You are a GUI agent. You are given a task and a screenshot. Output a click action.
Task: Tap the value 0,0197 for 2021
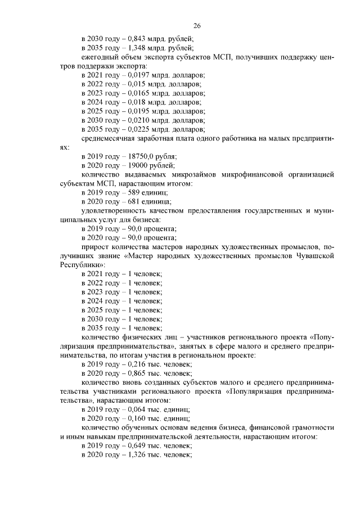point(138,75)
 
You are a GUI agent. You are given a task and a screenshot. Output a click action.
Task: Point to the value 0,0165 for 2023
point(138,93)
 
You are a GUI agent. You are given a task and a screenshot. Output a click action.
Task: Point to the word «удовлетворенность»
point(114,211)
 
